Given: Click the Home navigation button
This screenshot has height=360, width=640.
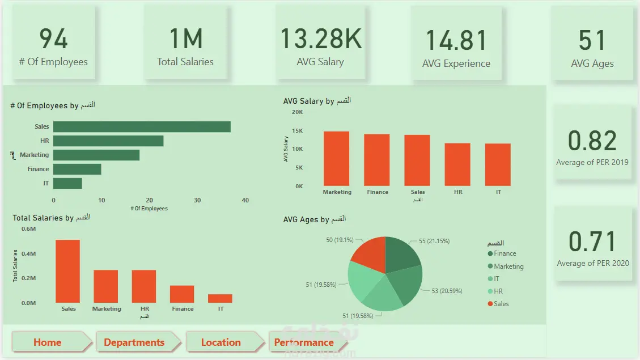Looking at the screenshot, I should coord(48,342).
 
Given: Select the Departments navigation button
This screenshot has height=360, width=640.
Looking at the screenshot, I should coord(134,342).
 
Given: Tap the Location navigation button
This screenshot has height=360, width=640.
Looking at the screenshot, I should coord(221,342).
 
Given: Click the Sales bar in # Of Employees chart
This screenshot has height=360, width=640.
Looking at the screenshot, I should coord(142,127).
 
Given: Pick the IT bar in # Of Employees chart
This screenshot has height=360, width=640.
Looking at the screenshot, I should coord(67,183).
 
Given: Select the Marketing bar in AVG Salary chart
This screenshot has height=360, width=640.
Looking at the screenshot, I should coord(337,159).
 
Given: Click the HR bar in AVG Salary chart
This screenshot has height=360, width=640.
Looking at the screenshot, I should coord(457,164).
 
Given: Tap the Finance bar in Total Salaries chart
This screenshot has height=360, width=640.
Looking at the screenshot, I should coord(182,294).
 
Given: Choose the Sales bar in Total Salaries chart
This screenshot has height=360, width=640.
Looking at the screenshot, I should coord(67,271).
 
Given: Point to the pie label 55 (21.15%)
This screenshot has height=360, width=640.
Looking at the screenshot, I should coord(434,241).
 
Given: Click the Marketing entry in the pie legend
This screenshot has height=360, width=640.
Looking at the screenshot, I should coord(508,266).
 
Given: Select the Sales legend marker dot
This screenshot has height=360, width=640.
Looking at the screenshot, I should coord(490,304).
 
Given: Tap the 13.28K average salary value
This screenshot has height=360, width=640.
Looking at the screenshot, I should coord(321,39).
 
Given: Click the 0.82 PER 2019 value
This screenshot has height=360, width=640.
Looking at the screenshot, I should coord(592,141).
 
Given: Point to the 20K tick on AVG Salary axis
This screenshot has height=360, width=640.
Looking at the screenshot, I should coord(297,112).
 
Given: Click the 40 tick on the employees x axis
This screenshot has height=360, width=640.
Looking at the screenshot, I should coord(245,200).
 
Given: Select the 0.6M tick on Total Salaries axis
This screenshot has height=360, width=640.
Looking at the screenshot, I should coord(28,229).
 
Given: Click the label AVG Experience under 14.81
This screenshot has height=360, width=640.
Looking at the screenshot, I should coord(456,64).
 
